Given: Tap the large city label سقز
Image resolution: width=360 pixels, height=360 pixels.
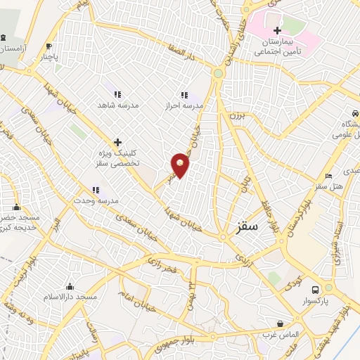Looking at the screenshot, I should coord(248,226).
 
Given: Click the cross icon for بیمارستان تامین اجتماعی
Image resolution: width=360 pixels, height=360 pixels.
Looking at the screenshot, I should coord(277,30).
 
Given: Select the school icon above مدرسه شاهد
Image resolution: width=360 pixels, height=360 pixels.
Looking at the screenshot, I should coord(117,94).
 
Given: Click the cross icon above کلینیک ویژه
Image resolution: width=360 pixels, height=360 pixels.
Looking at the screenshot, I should coord(117,141).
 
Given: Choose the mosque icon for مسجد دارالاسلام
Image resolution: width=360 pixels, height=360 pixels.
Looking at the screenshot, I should coord(70,286).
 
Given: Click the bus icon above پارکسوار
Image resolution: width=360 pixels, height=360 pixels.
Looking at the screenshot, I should coord(315,289).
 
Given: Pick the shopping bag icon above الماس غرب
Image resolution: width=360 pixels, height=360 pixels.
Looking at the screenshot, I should coord(281,324).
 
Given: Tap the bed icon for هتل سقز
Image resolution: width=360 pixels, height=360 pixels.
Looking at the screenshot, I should coord(328,176).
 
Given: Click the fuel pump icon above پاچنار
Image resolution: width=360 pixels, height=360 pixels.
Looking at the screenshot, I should coord(48,46).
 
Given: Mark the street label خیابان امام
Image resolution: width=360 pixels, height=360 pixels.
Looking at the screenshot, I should coord(137,300).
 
